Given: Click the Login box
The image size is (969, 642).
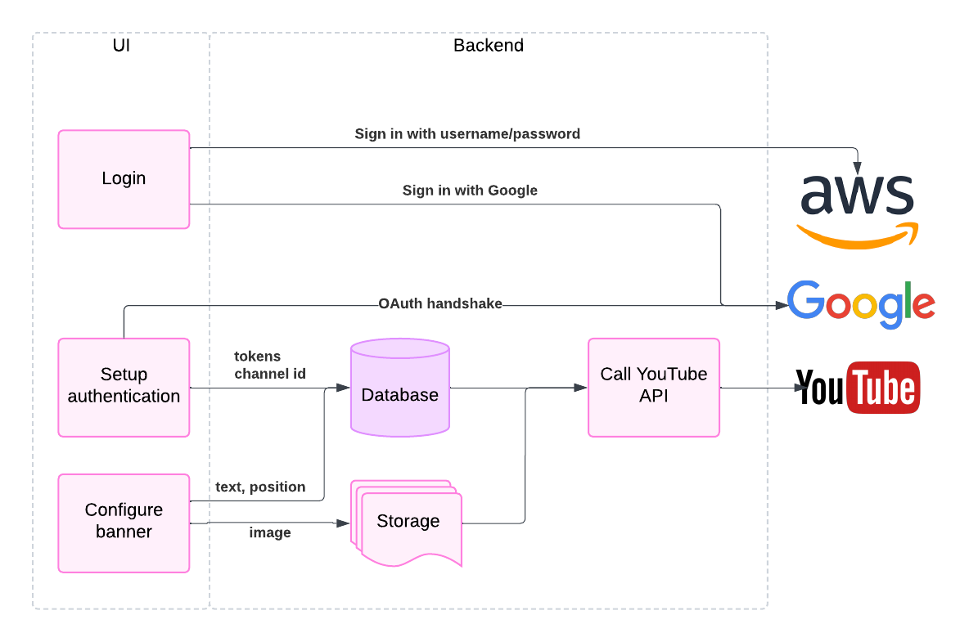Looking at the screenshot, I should pyautogui.click(x=124, y=179).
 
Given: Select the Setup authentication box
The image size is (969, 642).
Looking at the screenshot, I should pyautogui.click(x=124, y=387).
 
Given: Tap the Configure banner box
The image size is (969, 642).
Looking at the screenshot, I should pyautogui.click(x=124, y=522).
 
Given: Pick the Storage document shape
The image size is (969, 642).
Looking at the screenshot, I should pyautogui.click(x=408, y=524).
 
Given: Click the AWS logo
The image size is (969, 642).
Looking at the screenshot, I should pyautogui.click(x=857, y=209).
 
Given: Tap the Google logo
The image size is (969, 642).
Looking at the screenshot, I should pyautogui.click(x=860, y=303).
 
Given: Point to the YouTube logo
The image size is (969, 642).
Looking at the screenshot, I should pyautogui.click(x=858, y=388).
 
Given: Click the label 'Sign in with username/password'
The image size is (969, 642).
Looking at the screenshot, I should pyautogui.click(x=467, y=133).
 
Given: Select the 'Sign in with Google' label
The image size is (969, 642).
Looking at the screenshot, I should pyautogui.click(x=470, y=191).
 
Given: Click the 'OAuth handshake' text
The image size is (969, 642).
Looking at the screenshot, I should pyautogui.click(x=440, y=303).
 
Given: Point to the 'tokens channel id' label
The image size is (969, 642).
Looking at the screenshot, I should pyautogui.click(x=270, y=366).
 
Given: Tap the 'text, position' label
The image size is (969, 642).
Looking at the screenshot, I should pyautogui.click(x=260, y=487).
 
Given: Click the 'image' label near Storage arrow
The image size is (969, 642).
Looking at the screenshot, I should pyautogui.click(x=270, y=532).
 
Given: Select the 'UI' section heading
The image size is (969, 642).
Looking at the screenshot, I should pyautogui.click(x=121, y=46).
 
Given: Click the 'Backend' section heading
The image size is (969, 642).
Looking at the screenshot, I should pyautogui.click(x=489, y=46).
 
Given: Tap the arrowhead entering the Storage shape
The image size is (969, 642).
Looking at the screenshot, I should pyautogui.click(x=344, y=523).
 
